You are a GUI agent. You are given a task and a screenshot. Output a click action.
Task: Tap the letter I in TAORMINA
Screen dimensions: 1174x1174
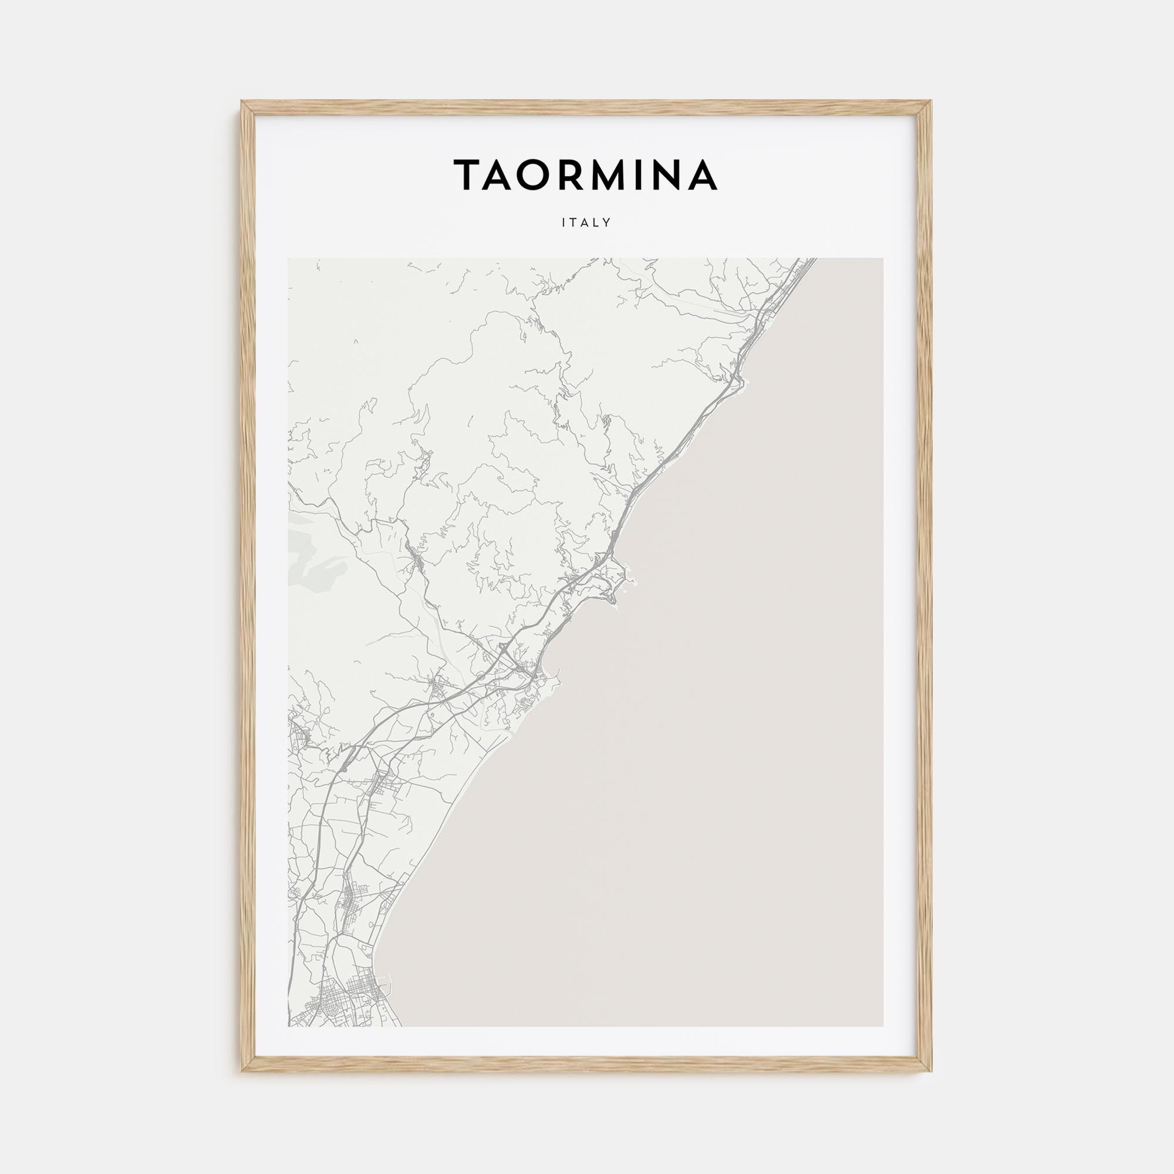pos(645,175)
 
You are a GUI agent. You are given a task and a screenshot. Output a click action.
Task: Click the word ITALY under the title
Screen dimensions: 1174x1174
pos(586,223)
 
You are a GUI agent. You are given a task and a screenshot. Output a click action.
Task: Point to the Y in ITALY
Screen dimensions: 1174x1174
pos(606,223)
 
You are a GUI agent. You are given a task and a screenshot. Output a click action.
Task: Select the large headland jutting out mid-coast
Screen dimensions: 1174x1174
pos(626,575)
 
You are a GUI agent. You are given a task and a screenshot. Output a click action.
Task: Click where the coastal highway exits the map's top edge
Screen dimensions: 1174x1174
pos(812,259)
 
